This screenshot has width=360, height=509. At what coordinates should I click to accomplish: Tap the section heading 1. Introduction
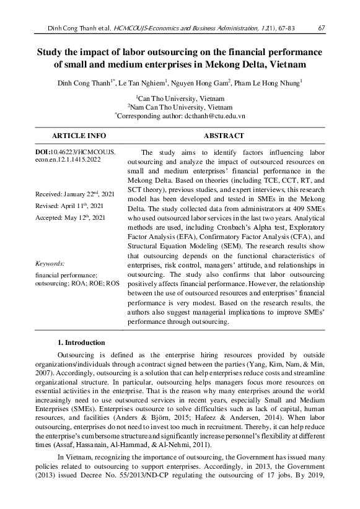(x=81, y=342)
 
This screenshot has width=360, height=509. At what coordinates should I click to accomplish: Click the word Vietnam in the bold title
(x=286, y=64)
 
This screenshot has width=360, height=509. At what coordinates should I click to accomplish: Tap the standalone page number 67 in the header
(x=322, y=28)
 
